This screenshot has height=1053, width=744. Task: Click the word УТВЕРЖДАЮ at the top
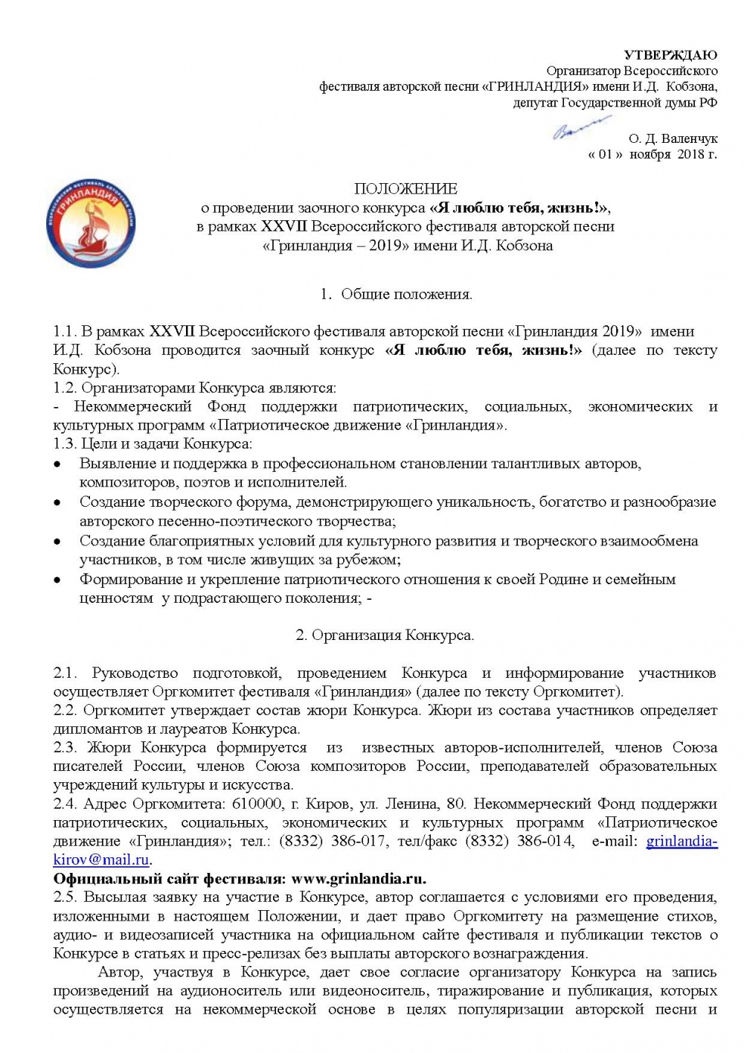tap(670, 55)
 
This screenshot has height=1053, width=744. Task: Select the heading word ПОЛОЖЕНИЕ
tap(405, 189)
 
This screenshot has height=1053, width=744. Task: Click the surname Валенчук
tap(689, 138)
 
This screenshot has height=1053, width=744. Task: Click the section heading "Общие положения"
tap(406, 294)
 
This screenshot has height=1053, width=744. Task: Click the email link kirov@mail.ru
tap(102, 860)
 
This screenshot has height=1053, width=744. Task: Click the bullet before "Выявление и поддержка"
tap(57, 464)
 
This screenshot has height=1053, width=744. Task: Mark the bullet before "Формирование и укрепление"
tap(57, 580)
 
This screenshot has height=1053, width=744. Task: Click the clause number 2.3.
tap(65, 748)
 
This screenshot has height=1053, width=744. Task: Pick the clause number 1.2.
tap(65, 388)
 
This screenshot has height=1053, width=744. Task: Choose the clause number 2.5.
tap(65, 897)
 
